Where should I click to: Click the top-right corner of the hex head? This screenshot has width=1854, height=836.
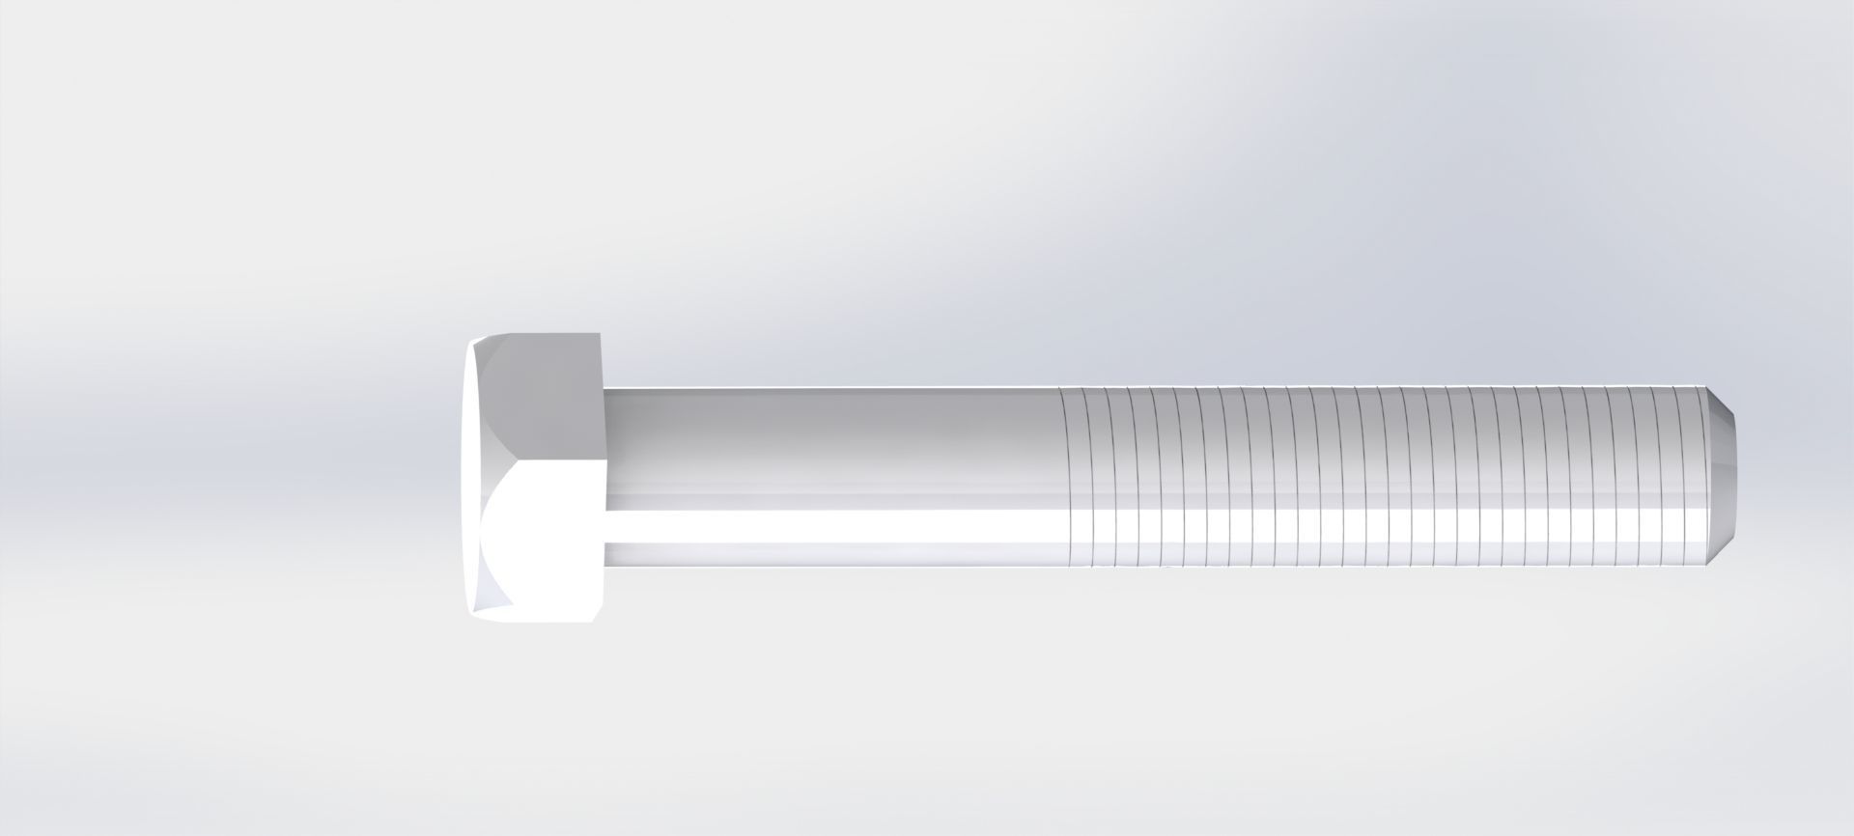point(602,334)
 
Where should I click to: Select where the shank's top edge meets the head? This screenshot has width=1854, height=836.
point(604,389)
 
